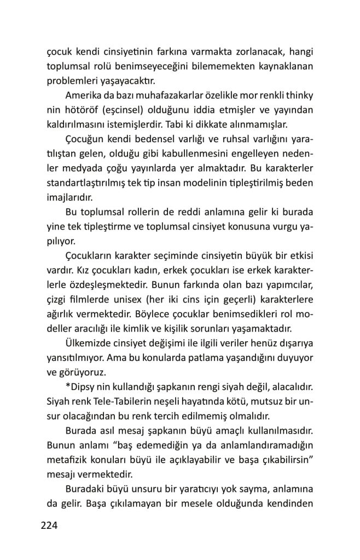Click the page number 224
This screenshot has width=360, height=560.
click(49, 526)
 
